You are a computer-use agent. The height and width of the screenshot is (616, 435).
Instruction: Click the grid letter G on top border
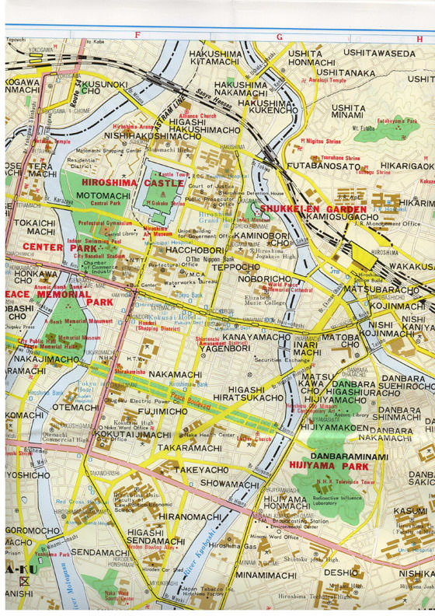click(278, 36)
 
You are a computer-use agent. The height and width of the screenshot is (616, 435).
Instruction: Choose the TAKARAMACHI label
click(190, 450)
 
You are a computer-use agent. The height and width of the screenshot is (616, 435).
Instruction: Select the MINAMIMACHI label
click(266, 576)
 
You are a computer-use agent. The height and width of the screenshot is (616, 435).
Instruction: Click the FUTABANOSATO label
click(325, 166)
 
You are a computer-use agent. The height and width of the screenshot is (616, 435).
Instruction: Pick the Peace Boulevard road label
click(190, 407)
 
